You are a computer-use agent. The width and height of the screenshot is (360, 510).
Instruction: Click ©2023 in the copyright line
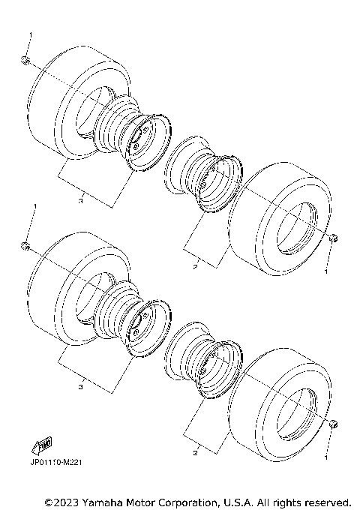62,501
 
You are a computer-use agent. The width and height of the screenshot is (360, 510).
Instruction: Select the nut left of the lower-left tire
25,246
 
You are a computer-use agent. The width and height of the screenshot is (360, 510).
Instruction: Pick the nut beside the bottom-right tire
332,425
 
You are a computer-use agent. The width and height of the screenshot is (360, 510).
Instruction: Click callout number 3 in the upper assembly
80,200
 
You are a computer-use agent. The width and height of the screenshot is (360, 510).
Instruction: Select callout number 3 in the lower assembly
80,387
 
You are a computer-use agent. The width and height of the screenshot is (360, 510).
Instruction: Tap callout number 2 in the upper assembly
193,266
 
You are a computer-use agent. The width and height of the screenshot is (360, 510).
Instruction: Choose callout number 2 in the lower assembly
193,453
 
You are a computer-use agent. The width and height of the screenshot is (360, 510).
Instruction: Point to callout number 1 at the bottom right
325,454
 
